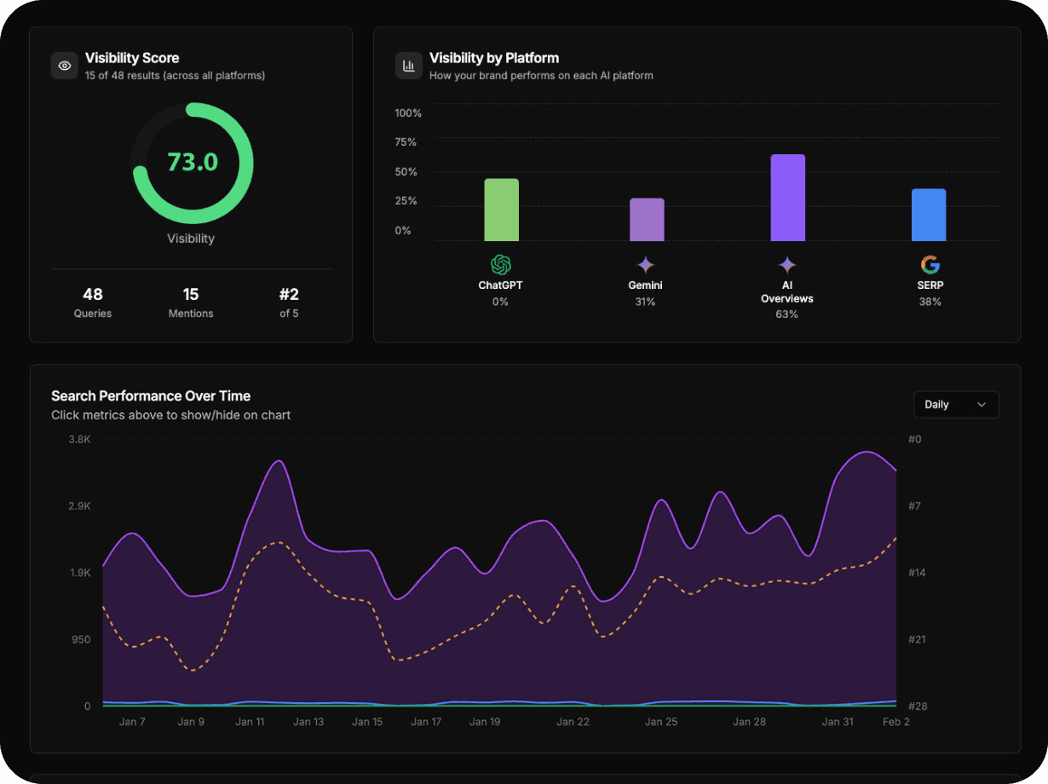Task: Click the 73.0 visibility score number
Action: (193, 162)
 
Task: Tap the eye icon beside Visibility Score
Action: (65, 66)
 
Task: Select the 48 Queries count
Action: (93, 295)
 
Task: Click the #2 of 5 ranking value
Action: (289, 295)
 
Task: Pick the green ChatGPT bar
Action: (501, 210)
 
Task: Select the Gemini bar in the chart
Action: (647, 220)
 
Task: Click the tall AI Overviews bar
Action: (787, 198)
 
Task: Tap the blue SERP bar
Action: (929, 215)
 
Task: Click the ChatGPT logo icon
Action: (501, 265)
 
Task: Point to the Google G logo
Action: (930, 265)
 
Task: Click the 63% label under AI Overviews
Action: (786, 314)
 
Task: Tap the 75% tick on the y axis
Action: (406, 142)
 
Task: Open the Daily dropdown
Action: (956, 405)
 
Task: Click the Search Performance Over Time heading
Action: (151, 395)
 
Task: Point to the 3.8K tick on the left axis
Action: (80, 439)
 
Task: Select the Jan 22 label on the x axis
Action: (573, 722)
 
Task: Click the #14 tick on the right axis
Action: (917, 573)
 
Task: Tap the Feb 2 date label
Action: (895, 722)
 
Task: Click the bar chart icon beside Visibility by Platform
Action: (409, 66)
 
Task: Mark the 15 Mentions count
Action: (191, 295)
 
